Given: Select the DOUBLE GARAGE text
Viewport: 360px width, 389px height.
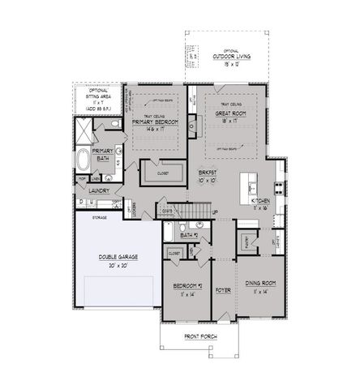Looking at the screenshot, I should coord(118,256).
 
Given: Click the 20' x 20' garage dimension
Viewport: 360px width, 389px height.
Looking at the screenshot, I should coord(118,265).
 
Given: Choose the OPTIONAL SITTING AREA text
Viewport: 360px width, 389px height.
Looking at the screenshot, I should coord(98,96).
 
